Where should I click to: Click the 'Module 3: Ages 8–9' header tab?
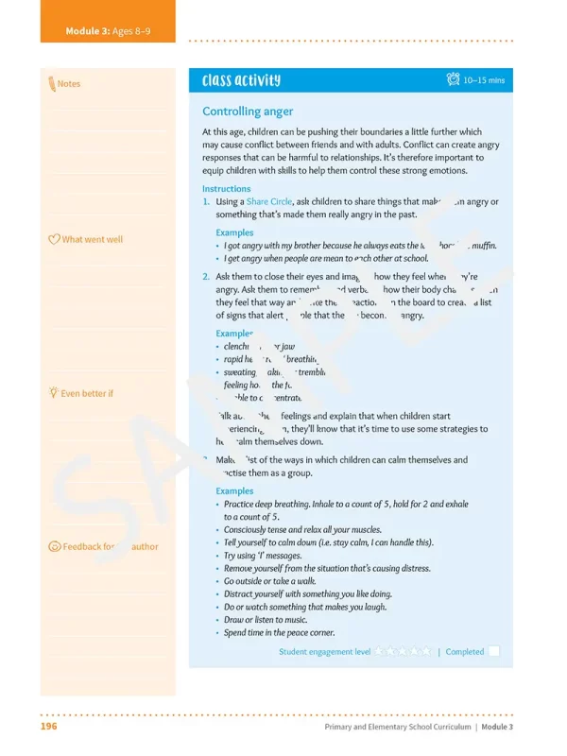[x=108, y=32]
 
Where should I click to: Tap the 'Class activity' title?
[x=241, y=81]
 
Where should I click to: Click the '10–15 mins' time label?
[x=484, y=81]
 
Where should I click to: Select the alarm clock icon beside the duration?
[x=453, y=80]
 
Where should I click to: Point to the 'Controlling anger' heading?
[x=248, y=112]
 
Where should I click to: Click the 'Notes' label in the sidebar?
[x=69, y=84]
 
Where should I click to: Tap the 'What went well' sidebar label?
[x=92, y=239]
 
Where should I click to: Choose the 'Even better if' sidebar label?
[x=86, y=393]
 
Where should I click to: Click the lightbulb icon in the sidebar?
[x=53, y=392]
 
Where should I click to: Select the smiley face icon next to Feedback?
[x=54, y=546]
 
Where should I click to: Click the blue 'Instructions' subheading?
[x=227, y=189]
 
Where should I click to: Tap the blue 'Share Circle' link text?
[x=269, y=202]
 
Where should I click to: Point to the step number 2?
[x=206, y=277]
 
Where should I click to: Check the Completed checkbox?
[x=494, y=651]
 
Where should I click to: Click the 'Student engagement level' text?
[x=324, y=652]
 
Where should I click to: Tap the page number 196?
[x=50, y=727]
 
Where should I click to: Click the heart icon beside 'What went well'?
[x=54, y=239]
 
